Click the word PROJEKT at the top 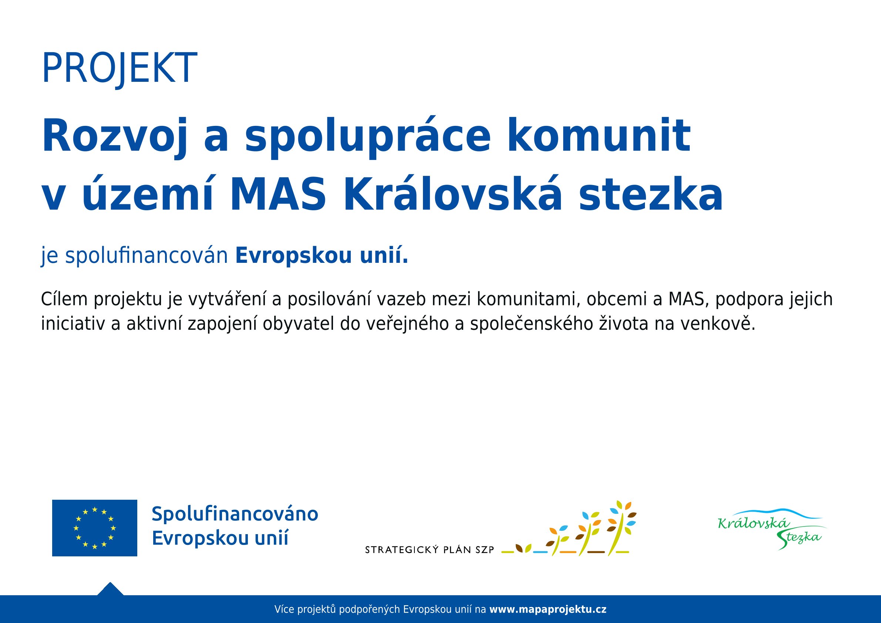120,68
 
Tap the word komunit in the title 599,135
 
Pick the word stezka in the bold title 651,195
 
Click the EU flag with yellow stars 94,528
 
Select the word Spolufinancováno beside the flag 235,515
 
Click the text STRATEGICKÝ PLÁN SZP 429,550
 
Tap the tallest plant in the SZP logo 619,528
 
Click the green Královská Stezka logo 771,530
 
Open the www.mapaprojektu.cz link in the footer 548,610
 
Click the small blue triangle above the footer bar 111,589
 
